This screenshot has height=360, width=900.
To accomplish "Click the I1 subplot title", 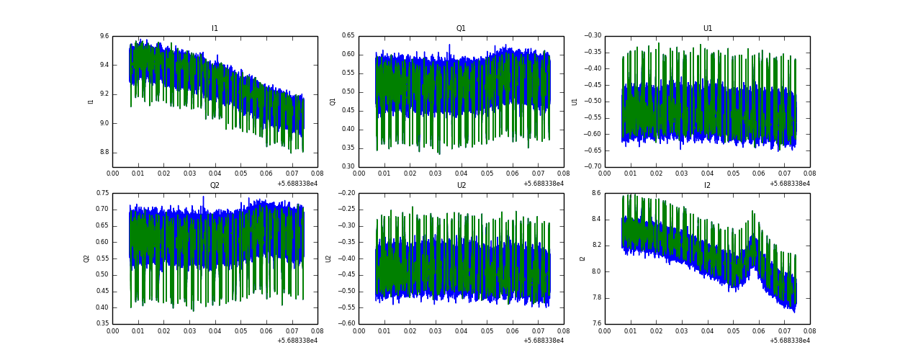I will pyautogui.click(x=215, y=29).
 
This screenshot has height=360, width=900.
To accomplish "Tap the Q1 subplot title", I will pyautogui.click(x=461, y=29).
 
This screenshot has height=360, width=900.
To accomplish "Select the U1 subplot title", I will pyautogui.click(x=708, y=29).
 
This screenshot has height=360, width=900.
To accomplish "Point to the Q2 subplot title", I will pyautogui.click(x=215, y=186).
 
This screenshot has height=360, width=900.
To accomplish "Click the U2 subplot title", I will pyautogui.click(x=461, y=186).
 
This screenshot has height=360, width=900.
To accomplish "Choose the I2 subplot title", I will pyautogui.click(x=708, y=186).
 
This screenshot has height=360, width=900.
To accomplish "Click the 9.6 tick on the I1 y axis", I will pyautogui.click(x=104, y=36).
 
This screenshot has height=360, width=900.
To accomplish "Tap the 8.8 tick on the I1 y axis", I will pyautogui.click(x=104, y=152).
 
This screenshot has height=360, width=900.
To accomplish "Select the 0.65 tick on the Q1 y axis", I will pyautogui.click(x=348, y=36).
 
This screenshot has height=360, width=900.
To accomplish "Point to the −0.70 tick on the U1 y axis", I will pyautogui.click(x=592, y=167).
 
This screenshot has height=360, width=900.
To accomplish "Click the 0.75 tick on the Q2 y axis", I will pyautogui.click(x=102, y=193).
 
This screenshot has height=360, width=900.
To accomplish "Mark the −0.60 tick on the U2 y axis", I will pyautogui.click(x=346, y=324).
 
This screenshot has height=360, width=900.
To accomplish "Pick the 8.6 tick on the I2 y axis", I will pyautogui.click(x=596, y=193).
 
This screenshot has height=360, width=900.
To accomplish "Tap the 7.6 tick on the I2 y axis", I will pyautogui.click(x=596, y=324).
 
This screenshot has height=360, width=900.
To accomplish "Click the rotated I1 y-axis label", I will pyautogui.click(x=91, y=102).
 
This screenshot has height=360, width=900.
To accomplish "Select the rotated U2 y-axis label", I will pyautogui.click(x=328, y=258).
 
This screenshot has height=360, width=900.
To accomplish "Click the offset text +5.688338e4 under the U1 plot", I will pyautogui.click(x=789, y=184).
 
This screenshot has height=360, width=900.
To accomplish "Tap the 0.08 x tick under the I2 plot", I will pyautogui.click(x=809, y=332).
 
